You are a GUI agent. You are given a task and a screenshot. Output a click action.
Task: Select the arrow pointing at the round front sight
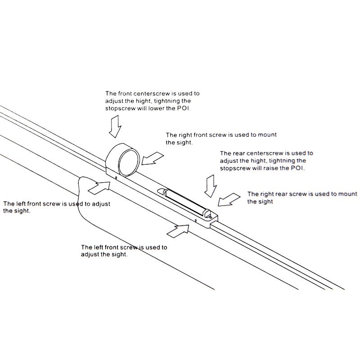pyautogui.click(x=151, y=158)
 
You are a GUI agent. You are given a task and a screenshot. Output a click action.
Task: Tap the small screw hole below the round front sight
pyautogui.click(x=116, y=177)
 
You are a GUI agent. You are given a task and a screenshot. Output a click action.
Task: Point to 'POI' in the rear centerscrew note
pyautogui.click(x=298, y=168)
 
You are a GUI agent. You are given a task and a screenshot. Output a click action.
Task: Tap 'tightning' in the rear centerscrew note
pyautogui.click(x=277, y=161)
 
